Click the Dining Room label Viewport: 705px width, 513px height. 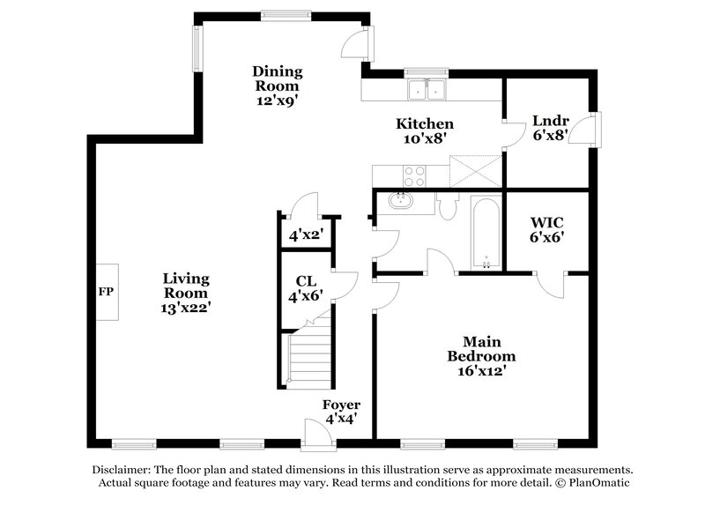coord(278,85)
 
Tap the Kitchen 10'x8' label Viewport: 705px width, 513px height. coord(424,130)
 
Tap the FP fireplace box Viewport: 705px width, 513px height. coord(107,292)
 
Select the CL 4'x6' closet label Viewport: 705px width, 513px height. coord(306,289)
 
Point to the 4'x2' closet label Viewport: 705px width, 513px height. coord(306,235)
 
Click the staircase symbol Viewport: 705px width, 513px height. coord(310,357)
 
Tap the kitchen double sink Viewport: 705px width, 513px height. coord(428,90)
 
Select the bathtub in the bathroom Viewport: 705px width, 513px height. coord(485,233)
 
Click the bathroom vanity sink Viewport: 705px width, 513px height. coord(402,202)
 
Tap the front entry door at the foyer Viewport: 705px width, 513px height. coord(314,432)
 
